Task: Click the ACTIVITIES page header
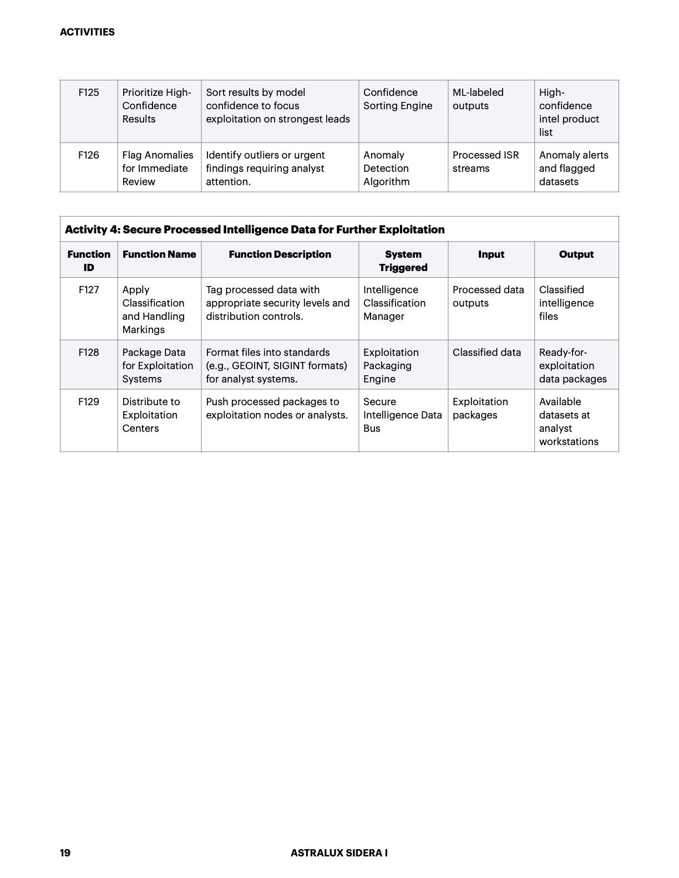click(x=87, y=32)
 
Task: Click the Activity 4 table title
click(x=255, y=229)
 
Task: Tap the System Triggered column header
click(x=403, y=261)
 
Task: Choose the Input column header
click(x=491, y=254)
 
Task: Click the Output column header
click(x=576, y=254)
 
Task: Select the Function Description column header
click(x=280, y=254)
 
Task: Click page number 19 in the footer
click(x=65, y=853)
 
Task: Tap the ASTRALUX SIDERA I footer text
click(x=339, y=853)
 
